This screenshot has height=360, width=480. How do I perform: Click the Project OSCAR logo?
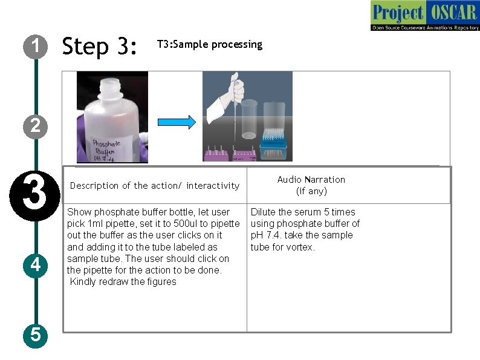pos(424,16)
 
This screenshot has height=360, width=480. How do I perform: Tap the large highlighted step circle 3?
pos(36,190)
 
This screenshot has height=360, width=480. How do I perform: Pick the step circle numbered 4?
pos(36,265)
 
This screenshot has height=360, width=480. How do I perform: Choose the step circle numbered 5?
pos(36,334)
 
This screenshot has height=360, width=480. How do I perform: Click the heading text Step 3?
pos(100,46)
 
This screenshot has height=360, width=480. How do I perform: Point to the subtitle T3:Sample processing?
pos(209,44)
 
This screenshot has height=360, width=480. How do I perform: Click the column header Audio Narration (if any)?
pos(311,185)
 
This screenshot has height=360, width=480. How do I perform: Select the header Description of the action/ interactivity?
pos(155,186)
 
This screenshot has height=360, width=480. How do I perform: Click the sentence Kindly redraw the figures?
pos(123,281)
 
